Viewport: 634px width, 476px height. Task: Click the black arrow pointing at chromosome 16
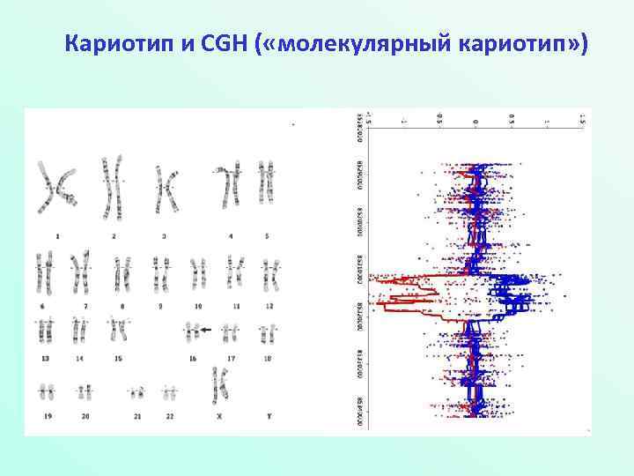click(206, 330)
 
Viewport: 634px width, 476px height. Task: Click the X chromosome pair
click(219, 384)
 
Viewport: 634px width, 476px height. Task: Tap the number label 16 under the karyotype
click(193, 358)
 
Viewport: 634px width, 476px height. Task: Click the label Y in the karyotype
click(266, 415)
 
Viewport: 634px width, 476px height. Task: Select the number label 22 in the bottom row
click(169, 415)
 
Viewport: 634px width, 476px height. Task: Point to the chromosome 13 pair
click(44, 331)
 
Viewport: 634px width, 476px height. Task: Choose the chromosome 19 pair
click(45, 391)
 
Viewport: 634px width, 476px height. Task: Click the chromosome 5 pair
click(266, 182)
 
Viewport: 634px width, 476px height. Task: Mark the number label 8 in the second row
click(124, 305)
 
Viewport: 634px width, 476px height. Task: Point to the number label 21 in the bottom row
click(137, 415)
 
